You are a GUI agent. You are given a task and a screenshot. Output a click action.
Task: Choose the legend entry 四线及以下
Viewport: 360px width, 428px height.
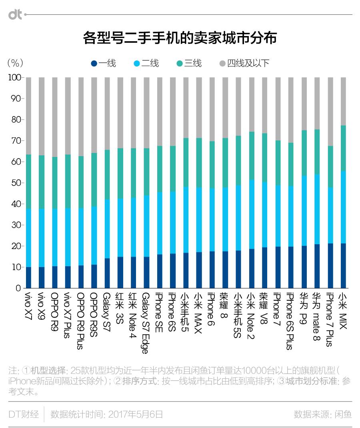tap(244, 63)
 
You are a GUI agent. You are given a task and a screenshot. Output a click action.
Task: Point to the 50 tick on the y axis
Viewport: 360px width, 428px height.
tap(15, 183)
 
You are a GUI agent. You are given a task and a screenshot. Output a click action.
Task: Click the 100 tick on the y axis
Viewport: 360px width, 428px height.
tap(14, 78)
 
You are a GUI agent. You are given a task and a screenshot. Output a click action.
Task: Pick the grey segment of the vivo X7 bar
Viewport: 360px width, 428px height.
tap(28, 116)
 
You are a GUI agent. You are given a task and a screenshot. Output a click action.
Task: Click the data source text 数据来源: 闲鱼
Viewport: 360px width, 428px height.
tap(322, 414)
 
